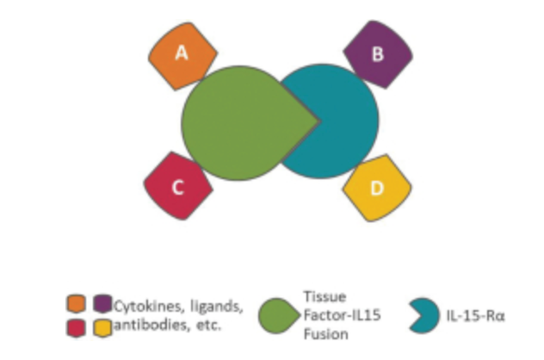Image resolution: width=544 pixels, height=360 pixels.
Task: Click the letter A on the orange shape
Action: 182,53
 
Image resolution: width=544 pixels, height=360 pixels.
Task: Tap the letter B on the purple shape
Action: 378,54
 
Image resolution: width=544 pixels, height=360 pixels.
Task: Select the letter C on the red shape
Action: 178,187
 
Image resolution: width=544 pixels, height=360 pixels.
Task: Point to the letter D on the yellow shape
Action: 377,188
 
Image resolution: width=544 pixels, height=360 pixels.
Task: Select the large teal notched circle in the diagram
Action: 343,121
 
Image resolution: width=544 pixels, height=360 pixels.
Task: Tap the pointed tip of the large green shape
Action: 319,121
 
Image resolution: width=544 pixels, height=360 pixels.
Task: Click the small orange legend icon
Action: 76,304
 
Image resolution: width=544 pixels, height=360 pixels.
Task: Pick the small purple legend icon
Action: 102,303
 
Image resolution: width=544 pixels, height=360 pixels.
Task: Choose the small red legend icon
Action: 76,328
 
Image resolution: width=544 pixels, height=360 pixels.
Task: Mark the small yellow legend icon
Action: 102,328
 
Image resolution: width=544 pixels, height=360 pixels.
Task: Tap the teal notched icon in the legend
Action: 424,315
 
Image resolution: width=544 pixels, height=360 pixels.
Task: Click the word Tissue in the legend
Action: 325,297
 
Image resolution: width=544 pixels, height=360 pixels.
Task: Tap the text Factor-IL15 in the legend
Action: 342,315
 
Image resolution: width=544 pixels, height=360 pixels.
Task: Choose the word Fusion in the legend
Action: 325,334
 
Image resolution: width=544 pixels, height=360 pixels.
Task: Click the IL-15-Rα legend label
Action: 475,316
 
